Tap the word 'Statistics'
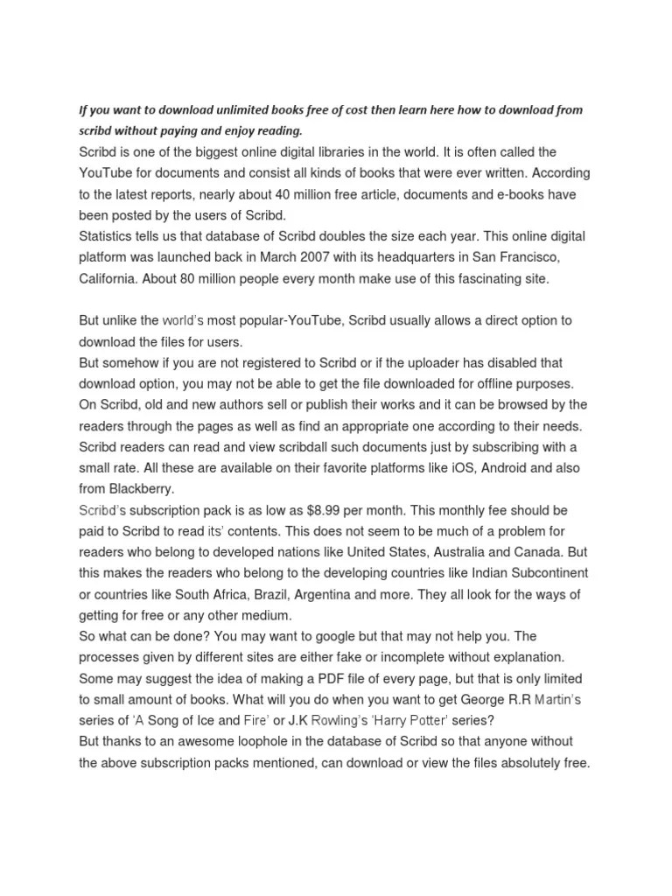(x=108, y=236)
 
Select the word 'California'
(x=110, y=279)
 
